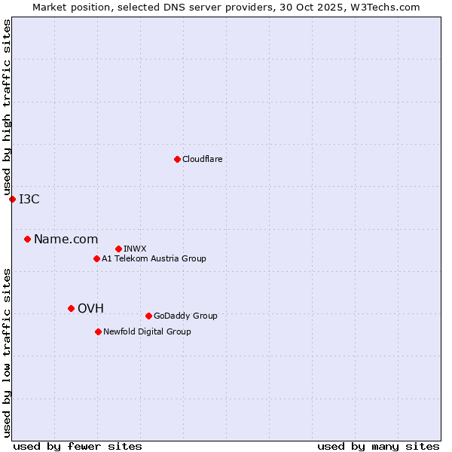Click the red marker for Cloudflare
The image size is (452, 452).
click(x=177, y=159)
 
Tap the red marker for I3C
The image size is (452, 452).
click(x=12, y=199)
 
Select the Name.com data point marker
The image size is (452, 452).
click(x=27, y=239)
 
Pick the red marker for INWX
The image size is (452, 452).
click(x=118, y=249)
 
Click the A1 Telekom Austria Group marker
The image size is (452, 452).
click(x=96, y=258)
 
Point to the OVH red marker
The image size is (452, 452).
click(x=71, y=308)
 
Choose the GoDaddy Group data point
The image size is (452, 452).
click(x=148, y=316)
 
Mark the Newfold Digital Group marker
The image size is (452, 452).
click(x=98, y=331)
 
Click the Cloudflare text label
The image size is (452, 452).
click(x=202, y=159)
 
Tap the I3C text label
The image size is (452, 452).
click(x=29, y=199)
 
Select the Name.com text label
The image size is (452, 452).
click(x=66, y=239)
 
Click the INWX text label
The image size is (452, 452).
click(x=135, y=249)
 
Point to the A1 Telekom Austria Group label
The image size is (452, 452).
click(x=154, y=258)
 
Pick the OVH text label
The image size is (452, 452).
click(x=90, y=308)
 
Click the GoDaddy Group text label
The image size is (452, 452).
click(x=185, y=316)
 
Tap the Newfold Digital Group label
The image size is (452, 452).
click(x=147, y=331)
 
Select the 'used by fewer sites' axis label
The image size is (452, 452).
click(x=78, y=446)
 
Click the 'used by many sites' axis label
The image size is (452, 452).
click(x=378, y=446)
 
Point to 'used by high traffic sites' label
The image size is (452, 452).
click(x=7, y=108)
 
